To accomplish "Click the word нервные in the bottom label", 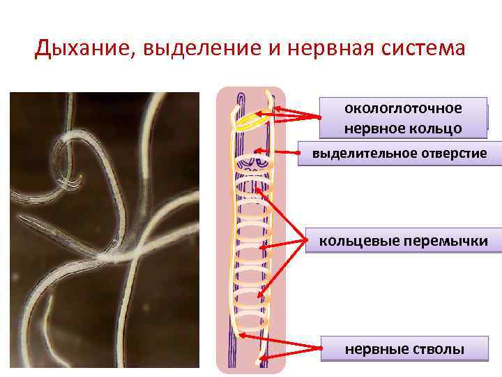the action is click(x=370, y=348).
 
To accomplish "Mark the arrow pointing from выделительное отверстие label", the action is click(x=279, y=151).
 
